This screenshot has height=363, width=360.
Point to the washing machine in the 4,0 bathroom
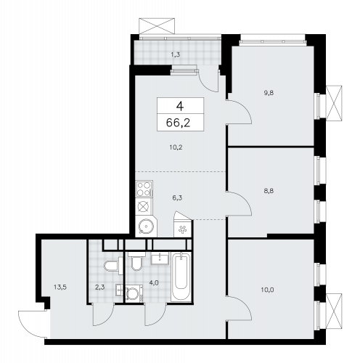tap(134, 293)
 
